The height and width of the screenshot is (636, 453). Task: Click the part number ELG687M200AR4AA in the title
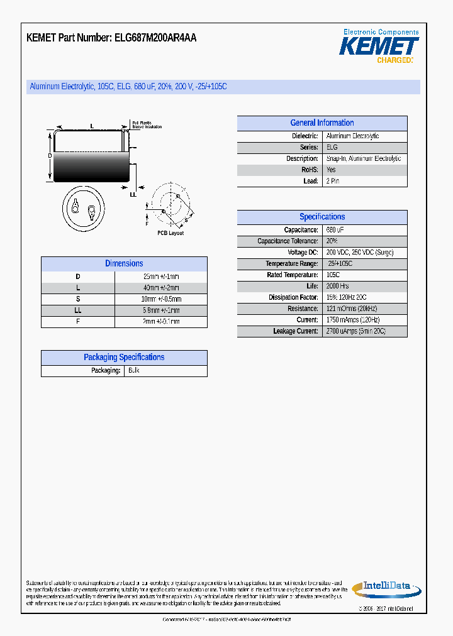pyautogui.click(x=155, y=38)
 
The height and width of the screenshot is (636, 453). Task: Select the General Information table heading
pyautogui.click(x=322, y=123)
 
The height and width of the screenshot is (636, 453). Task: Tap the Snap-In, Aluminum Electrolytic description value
pyautogui.click(x=363, y=159)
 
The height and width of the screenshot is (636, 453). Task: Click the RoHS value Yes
pyautogui.click(x=331, y=170)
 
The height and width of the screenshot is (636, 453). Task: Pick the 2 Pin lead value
pyautogui.click(x=333, y=181)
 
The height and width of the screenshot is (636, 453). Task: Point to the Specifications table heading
pyautogui.click(x=322, y=217)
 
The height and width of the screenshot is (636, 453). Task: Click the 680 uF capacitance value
pyautogui.click(x=335, y=230)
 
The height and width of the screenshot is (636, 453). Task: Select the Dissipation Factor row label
pyautogui.click(x=293, y=297)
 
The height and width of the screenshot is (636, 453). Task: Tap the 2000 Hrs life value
pyautogui.click(x=338, y=286)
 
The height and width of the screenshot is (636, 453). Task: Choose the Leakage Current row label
pyautogui.click(x=295, y=331)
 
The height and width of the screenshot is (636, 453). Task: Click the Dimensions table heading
pyautogui.click(x=124, y=264)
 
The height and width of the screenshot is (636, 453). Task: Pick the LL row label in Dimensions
pyautogui.click(x=78, y=310)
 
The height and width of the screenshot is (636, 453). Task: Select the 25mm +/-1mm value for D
pyautogui.click(x=161, y=277)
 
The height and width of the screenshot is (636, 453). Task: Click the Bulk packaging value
pyautogui.click(x=133, y=371)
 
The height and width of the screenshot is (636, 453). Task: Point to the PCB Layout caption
pyautogui.click(x=171, y=233)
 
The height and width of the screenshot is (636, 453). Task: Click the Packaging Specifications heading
pyautogui.click(x=124, y=358)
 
